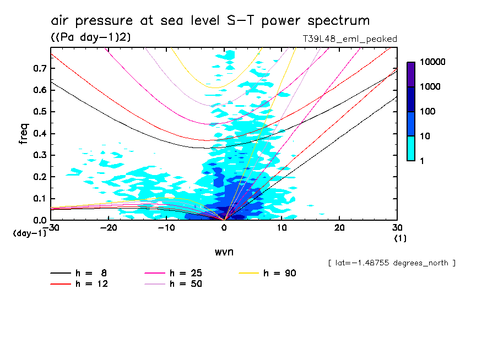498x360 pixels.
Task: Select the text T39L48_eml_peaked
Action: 350,39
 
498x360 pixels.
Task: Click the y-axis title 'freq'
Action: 23,134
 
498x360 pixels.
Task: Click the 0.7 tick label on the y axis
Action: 39,68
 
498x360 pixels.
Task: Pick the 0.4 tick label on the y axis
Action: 39,134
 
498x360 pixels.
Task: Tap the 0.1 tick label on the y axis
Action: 39,199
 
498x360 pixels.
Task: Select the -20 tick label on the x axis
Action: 109,228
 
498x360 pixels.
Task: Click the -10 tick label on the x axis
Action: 166,228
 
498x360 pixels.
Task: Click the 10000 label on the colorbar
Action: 433,62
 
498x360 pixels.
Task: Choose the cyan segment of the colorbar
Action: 411,148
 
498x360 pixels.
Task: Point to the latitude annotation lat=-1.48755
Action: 391,263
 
